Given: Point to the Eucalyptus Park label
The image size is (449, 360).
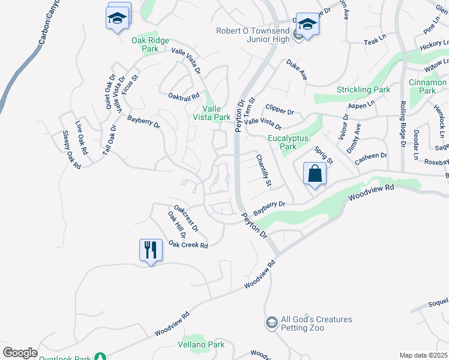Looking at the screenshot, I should (x=288, y=142).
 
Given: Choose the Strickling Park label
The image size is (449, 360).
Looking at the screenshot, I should (x=363, y=90).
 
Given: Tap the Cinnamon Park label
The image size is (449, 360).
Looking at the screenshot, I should (x=427, y=86).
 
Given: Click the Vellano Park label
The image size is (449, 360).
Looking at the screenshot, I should (x=201, y=344).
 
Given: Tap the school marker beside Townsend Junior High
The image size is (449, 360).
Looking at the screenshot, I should (x=307, y=25).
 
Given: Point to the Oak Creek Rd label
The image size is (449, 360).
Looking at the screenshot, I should (x=188, y=245).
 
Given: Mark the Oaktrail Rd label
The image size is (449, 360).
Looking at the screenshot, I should (x=183, y=97).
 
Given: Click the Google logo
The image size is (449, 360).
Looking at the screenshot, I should (x=20, y=353).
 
